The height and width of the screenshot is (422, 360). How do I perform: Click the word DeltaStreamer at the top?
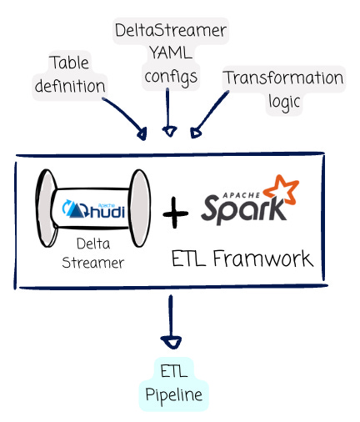171,30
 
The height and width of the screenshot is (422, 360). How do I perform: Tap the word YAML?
171,53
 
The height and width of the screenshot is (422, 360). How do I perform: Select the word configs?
171,77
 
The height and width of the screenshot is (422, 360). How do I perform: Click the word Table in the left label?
69,63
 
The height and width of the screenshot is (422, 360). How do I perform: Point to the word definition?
70,85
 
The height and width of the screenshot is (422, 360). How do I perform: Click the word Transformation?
284,78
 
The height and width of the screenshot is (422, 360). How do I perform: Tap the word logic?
284,103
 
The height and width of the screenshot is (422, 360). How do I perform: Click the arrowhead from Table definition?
142,134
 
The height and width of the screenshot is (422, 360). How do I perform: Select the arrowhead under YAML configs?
169,131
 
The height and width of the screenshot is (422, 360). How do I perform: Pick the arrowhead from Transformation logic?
195,133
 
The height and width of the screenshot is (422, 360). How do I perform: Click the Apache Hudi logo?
93,209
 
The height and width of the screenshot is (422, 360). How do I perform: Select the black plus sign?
175,213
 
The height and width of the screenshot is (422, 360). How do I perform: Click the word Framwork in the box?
262,259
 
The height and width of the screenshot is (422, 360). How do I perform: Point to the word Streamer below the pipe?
92,263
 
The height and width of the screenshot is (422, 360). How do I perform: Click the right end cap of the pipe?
140,208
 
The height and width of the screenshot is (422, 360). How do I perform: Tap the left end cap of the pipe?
47,208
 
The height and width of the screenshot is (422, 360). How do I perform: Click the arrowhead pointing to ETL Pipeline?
171,343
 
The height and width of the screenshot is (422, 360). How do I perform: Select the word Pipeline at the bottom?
174,395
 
